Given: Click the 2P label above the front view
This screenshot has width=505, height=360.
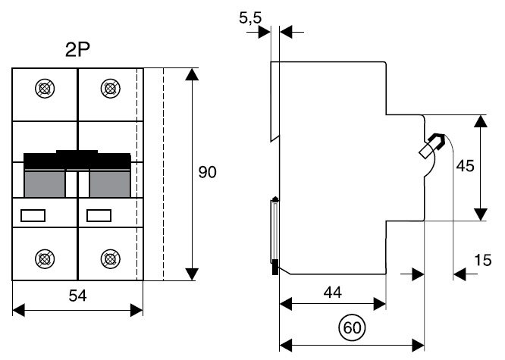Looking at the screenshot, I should [78, 51].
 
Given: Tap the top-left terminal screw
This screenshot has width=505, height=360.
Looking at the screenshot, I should [45, 89].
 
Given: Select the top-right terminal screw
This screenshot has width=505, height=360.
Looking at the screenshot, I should [110, 89].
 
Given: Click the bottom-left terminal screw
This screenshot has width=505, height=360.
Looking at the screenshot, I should [45, 258].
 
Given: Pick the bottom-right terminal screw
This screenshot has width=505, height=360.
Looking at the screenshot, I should [110, 258].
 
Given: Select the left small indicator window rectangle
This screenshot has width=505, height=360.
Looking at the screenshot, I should [33, 216].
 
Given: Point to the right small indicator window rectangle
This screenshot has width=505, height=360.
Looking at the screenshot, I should [99, 216].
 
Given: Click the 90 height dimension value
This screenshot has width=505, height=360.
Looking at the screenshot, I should [207, 173].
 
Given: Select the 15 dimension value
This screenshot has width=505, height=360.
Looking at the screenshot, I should [482, 261].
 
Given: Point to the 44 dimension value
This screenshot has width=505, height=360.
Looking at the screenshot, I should [332, 292].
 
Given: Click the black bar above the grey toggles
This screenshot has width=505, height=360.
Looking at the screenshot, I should [77, 160].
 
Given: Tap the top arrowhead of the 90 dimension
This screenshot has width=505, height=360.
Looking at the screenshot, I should [193, 74].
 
